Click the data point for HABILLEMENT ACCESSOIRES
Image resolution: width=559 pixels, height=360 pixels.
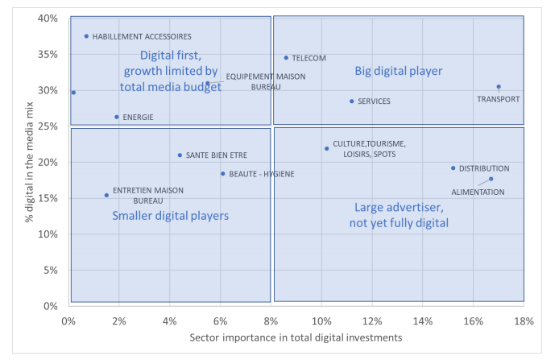[86, 36]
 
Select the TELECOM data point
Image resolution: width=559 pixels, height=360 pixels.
[286, 58]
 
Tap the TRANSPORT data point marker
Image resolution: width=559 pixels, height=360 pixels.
[499, 87]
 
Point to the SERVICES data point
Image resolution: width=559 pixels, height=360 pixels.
[352, 101]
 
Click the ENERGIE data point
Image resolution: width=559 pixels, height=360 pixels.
[117, 117]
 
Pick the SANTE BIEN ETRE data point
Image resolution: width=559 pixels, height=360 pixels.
[180, 155]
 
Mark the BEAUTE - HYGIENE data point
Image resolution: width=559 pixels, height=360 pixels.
[223, 174]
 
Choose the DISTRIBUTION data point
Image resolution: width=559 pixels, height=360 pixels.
[453, 168]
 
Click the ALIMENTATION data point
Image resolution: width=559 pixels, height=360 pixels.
[491, 179]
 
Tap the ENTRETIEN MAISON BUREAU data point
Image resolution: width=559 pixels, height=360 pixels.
[106, 195]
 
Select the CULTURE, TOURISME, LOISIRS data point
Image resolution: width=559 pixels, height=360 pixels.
[326, 148]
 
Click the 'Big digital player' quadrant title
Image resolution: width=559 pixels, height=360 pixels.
[399, 71]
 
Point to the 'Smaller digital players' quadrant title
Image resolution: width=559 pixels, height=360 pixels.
[170, 216]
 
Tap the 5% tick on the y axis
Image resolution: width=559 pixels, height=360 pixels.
[49, 270]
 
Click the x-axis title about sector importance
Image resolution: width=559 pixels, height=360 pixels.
[296, 339]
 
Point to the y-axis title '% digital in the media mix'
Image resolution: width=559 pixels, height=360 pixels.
[15, 161]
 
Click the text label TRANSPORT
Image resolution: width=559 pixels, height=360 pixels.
[499, 99]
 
